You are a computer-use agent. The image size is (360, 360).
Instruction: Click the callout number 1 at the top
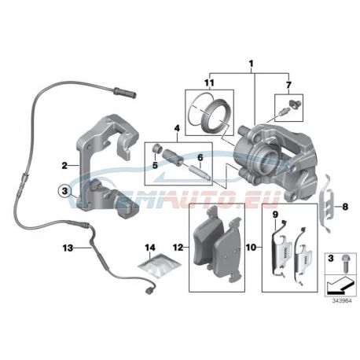click(251, 64)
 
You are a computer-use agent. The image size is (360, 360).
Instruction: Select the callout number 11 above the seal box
click(209, 83)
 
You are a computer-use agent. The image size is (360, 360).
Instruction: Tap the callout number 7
click(288, 85)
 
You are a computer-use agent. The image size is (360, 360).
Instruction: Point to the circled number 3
click(64, 191)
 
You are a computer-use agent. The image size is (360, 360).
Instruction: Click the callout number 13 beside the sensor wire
click(68, 248)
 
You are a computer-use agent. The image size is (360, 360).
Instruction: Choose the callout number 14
click(150, 248)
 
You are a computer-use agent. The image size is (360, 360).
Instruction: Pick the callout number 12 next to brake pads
click(178, 247)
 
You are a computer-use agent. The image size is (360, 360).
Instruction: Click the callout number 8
click(345, 207)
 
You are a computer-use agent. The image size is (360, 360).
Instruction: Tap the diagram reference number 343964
click(342, 301)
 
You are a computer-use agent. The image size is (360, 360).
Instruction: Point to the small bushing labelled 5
click(156, 148)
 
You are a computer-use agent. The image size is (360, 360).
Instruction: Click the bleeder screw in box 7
click(282, 112)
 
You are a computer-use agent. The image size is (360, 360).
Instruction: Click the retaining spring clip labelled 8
click(326, 204)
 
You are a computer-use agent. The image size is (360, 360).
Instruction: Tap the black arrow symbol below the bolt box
click(340, 285)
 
